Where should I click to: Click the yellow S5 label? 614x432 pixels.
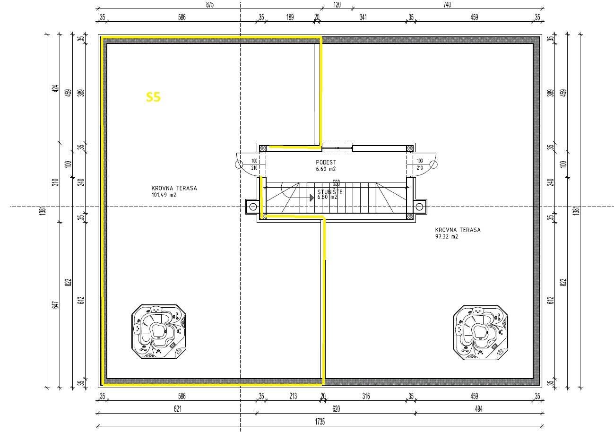click(153, 97)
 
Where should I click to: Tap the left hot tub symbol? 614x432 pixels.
click(159, 332)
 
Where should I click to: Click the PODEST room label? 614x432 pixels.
click(326, 162)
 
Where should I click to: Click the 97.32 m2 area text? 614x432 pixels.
click(447, 237)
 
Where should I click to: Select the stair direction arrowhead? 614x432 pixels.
click(311, 198)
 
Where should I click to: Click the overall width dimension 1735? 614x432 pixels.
click(320, 422)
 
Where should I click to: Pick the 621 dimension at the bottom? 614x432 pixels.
click(177, 409)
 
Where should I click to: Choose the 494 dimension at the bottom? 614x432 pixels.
click(478, 409)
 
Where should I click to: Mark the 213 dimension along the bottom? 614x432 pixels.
click(293, 397)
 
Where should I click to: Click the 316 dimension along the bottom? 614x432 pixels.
click(365, 397)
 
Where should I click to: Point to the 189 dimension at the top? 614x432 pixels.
click(290, 17)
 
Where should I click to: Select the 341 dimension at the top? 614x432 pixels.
click(363, 17)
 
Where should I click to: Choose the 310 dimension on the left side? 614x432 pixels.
click(55, 182)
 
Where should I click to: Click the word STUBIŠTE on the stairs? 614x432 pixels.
click(330, 192)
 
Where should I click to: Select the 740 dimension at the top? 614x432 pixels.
click(447, 5)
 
